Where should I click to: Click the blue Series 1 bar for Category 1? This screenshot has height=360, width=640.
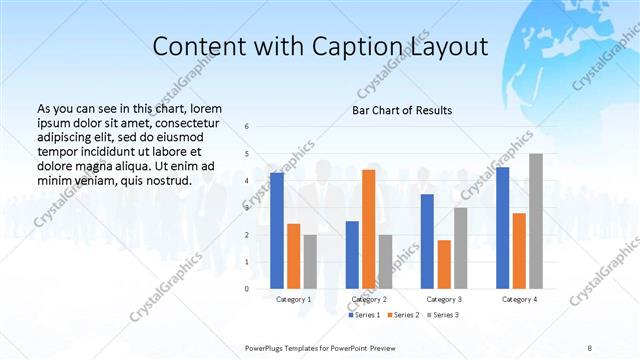(x=276, y=230)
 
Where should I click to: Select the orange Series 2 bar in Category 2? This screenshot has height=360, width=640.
(x=368, y=229)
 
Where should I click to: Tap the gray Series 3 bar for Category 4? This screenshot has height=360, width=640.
(x=536, y=221)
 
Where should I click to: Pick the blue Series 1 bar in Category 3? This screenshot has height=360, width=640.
(x=427, y=241)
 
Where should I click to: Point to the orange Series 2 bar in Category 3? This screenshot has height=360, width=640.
(x=444, y=264)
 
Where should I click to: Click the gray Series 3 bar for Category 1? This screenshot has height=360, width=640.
(x=310, y=261)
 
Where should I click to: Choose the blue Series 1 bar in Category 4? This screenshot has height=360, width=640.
(x=502, y=227)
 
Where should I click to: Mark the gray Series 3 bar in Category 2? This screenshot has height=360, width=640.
(x=385, y=261)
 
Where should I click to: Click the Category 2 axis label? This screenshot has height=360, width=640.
(x=369, y=299)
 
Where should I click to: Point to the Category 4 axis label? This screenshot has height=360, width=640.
(x=519, y=299)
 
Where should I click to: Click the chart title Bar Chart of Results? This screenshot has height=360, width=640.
(x=402, y=110)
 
